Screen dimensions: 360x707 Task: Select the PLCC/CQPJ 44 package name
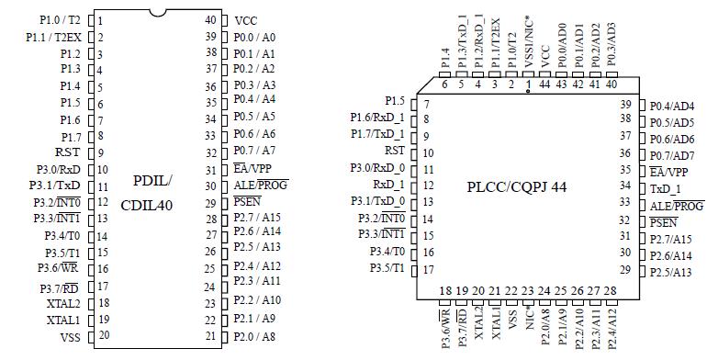click(516, 186)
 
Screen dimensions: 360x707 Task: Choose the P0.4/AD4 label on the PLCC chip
click(671, 106)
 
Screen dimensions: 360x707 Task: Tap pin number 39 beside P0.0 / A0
click(210, 37)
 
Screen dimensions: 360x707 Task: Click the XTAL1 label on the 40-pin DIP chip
click(63, 320)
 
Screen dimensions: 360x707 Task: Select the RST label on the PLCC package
click(394, 151)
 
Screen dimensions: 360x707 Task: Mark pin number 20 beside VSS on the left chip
click(104, 336)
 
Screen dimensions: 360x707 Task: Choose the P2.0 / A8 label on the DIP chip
click(253, 336)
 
